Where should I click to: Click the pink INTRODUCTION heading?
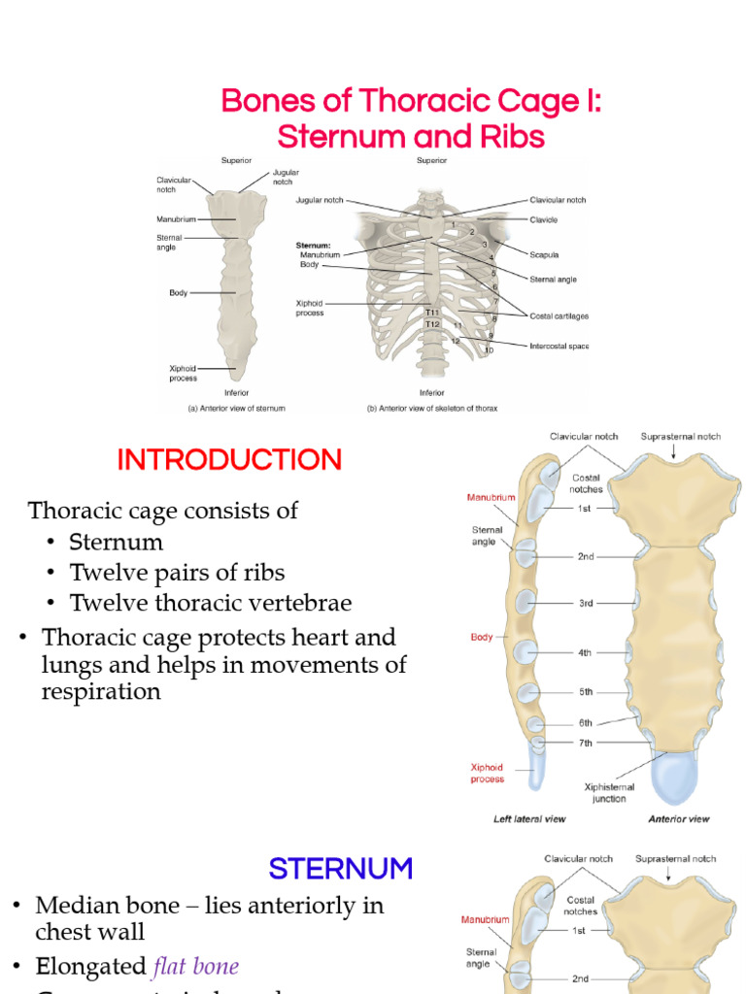tap(229, 459)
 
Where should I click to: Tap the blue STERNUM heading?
tap(341, 868)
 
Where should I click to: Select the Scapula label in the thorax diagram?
tap(543, 255)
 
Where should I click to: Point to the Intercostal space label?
tap(559, 346)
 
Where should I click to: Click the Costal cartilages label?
tap(559, 315)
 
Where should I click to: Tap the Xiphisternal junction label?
tap(609, 792)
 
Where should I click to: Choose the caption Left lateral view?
tap(529, 819)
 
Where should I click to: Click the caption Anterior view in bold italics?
tap(679, 819)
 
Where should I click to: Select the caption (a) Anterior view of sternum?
tap(236, 409)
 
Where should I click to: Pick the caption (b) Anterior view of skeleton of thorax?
tap(432, 409)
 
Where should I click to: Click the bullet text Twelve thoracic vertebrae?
tap(211, 603)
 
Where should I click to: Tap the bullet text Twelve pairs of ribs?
tap(177, 572)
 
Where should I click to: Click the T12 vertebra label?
tap(431, 324)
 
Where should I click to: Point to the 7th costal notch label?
tap(585, 743)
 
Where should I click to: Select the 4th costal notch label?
tap(585, 653)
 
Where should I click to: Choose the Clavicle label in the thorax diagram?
tap(544, 219)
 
